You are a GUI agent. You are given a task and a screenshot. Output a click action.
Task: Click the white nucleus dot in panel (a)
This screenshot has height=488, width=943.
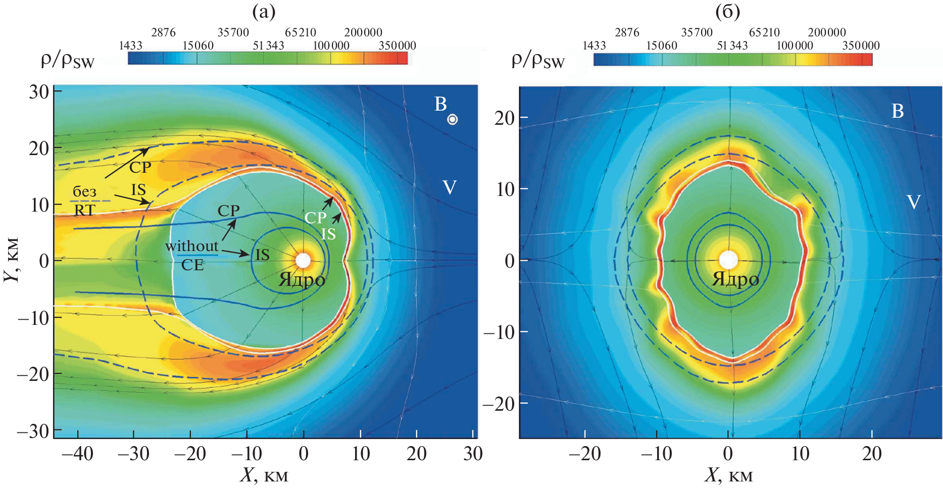point(303,260)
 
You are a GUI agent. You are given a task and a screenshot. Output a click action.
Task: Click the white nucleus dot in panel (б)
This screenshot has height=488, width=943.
point(728,260)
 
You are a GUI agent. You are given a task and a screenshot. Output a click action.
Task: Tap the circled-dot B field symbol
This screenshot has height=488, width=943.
point(452,119)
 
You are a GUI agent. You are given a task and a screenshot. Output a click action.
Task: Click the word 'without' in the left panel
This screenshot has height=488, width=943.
point(191,247)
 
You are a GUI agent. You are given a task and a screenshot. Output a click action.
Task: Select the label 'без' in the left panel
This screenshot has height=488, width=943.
point(84,191)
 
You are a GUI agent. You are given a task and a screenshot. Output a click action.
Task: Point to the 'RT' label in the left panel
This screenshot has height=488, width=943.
point(84,210)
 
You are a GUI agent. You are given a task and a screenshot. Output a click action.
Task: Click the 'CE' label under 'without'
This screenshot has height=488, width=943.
point(192,265)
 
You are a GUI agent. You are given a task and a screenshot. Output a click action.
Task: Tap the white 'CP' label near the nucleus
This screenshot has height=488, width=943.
point(315,218)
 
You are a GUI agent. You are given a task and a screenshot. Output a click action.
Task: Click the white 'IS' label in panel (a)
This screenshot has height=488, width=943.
point(328,234)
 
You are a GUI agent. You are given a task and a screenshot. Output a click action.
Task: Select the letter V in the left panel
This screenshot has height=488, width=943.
point(449,188)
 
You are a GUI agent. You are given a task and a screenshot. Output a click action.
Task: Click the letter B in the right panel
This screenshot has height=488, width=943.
point(898,111)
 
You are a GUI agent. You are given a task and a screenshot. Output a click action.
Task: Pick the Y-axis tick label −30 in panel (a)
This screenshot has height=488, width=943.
point(33,431)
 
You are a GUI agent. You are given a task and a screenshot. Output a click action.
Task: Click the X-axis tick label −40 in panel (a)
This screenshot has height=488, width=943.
point(77,454)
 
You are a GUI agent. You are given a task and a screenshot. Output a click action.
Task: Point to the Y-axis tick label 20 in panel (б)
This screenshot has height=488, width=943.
point(504,118)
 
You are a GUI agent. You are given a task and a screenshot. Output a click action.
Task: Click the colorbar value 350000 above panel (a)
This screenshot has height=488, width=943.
point(397,45)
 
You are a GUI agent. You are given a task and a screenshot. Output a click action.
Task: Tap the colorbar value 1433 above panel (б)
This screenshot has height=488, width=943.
point(594,45)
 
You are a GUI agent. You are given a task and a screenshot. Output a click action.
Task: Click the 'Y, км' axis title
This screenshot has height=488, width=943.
point(12,260)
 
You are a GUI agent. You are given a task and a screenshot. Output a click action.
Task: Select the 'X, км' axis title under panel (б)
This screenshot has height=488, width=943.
point(728,475)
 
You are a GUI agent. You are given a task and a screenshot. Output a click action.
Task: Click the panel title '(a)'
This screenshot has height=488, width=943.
point(264,11)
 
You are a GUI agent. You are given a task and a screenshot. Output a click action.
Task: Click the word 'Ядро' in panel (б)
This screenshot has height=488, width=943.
point(735,279)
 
